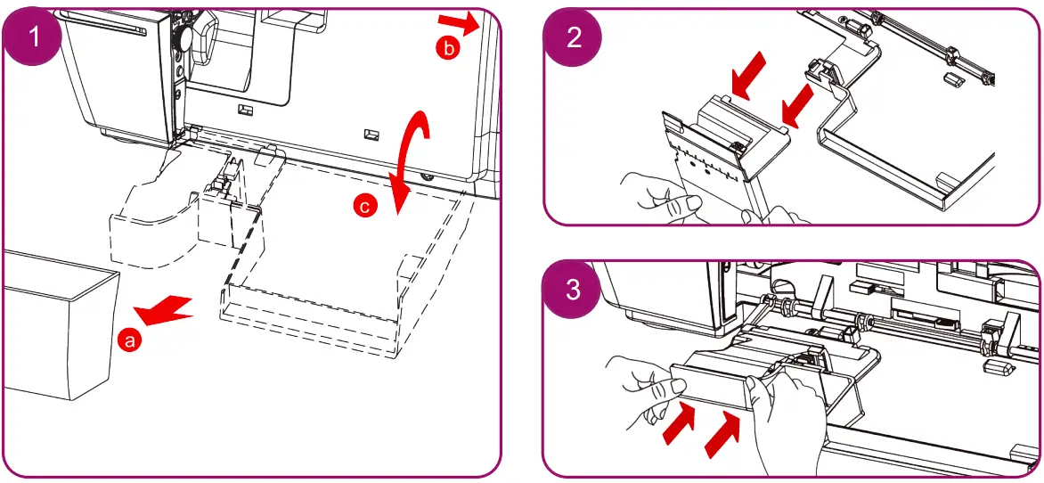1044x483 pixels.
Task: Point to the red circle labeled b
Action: point(448,50)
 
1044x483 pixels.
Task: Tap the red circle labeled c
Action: point(363,207)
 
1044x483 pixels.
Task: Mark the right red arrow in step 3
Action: point(723,431)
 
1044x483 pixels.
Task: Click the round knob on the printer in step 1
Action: point(183,38)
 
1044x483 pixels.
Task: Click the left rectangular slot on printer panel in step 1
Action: point(245,109)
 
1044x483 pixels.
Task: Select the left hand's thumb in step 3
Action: point(678,386)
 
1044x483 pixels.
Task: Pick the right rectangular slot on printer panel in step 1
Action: point(368,135)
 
